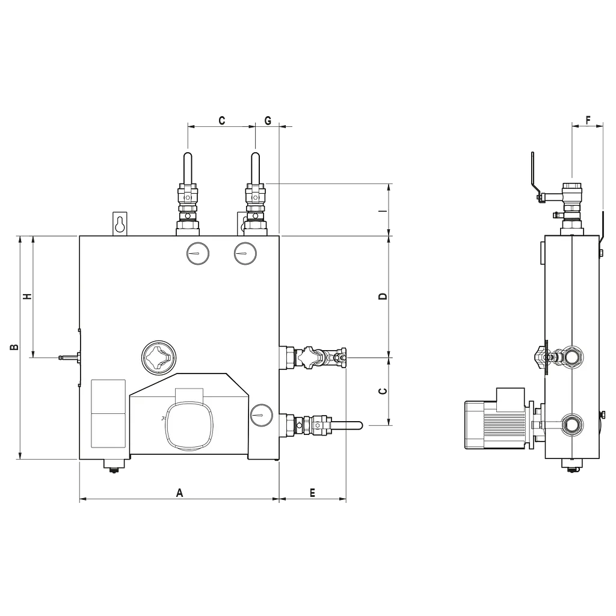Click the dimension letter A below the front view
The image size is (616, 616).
click(x=179, y=493)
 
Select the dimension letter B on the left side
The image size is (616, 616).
click(x=14, y=347)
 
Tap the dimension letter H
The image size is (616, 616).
click(x=27, y=296)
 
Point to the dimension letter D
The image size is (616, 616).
click(x=383, y=296)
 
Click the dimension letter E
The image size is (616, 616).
click(x=312, y=493)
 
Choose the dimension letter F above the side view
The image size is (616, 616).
click(x=588, y=120)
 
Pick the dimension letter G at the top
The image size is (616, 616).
click(x=268, y=120)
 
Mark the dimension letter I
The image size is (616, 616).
click(x=383, y=211)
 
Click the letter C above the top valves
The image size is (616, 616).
click(x=221, y=120)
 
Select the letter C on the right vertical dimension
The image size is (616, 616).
click(x=383, y=391)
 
